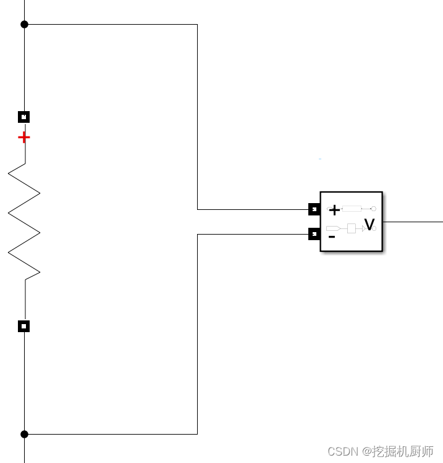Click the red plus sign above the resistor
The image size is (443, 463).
click(x=23, y=137)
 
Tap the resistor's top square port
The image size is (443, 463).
click(x=23, y=117)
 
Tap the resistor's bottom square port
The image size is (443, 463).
click(x=23, y=326)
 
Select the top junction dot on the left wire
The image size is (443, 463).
click(x=24, y=25)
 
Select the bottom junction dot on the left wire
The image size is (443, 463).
click(x=24, y=434)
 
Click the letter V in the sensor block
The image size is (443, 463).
click(x=369, y=225)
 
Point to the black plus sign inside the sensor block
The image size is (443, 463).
click(x=334, y=211)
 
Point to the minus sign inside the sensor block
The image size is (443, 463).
click(x=332, y=236)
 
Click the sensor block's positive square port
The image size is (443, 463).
click(x=314, y=209)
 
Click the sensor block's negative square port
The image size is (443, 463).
click(x=314, y=234)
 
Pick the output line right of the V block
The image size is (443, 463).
click(x=413, y=221)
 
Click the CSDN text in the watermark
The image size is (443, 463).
click(x=343, y=451)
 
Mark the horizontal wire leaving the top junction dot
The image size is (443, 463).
click(x=111, y=25)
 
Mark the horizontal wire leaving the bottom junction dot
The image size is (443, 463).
click(x=111, y=434)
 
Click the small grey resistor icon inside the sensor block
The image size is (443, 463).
click(x=352, y=209)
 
